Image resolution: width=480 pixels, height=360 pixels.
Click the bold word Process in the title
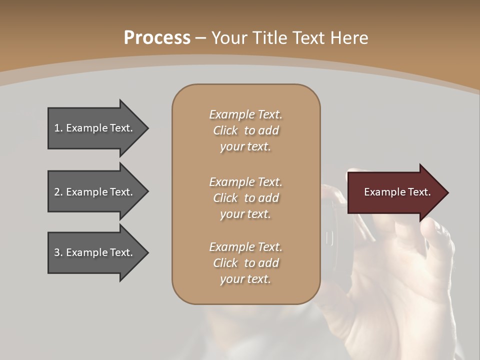tap(157, 38)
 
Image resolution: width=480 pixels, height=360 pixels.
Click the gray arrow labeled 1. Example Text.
tap(95, 128)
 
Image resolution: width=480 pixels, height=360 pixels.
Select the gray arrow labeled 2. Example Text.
tap(95, 192)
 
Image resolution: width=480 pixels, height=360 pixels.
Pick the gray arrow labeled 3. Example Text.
tap(95, 252)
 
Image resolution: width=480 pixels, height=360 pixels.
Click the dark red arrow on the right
tap(395, 192)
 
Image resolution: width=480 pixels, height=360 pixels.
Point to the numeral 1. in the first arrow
tap(58, 128)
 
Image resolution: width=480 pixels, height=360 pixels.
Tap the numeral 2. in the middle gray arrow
tap(58, 192)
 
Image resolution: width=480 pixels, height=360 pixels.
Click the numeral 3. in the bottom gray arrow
tap(58, 252)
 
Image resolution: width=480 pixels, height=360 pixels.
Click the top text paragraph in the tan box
tap(245, 130)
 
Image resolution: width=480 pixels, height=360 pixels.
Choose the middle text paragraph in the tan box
tap(245, 198)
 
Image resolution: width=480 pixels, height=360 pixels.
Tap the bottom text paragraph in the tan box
tap(245, 263)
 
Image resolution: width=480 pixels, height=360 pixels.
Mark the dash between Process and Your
tap(200, 38)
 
